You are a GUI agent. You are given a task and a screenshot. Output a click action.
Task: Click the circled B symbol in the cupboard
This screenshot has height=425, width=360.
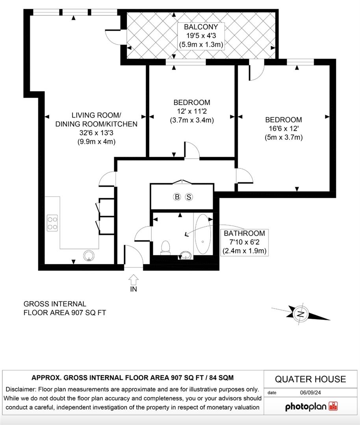[x=177, y=197]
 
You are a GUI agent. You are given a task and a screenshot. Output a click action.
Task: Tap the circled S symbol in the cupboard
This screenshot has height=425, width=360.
[x=189, y=197]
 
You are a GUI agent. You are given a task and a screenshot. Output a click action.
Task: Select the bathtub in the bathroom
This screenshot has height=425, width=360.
[x=203, y=234]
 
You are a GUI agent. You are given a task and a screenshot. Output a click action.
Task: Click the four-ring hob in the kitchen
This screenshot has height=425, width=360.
[x=52, y=223]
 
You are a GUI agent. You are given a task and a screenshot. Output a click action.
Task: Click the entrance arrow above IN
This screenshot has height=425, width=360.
[x=134, y=279]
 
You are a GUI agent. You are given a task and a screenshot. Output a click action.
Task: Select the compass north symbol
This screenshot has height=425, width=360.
[x=301, y=314]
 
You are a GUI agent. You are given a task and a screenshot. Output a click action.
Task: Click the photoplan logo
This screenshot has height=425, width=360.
[x=311, y=407]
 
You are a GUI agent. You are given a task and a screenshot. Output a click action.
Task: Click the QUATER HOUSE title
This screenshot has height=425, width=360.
[x=310, y=379]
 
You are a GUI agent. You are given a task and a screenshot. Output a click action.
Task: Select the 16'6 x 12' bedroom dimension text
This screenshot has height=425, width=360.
[x=284, y=128]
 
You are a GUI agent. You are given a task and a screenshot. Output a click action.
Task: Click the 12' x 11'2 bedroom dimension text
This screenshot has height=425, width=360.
[x=191, y=111]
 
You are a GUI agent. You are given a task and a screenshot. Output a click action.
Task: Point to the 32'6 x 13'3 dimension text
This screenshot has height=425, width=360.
[x=96, y=133]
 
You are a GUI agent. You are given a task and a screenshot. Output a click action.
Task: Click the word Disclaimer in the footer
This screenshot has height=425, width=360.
[x=21, y=389]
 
